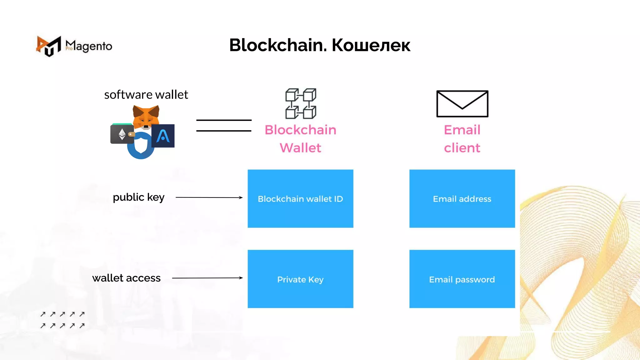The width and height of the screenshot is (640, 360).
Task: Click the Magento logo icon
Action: point(48,46)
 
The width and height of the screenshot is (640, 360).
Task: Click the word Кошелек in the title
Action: point(371,45)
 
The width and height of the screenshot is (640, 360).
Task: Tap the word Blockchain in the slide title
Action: point(278,45)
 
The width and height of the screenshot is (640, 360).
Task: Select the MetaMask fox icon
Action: point(146,117)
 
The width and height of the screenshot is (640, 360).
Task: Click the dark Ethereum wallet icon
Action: point(122,134)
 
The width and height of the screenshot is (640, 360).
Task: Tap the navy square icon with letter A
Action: point(163,136)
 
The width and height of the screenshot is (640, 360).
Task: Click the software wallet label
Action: point(146,95)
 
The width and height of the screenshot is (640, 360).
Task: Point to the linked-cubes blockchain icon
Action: point(301,103)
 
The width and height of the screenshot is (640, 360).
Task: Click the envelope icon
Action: point(462,104)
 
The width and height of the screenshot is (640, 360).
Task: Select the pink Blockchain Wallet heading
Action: point(300,139)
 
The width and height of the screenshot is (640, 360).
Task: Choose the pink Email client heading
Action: point(462,139)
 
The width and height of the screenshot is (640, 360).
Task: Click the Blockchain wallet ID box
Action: point(300,199)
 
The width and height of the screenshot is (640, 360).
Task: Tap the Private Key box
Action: point(300,279)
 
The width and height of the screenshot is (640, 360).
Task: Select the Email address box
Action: point(462,199)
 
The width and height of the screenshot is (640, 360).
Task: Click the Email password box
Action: point(462,279)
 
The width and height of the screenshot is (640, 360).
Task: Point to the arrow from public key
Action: point(209,197)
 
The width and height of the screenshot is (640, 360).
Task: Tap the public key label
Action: point(138,197)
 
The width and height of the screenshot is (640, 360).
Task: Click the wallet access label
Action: point(126,278)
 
